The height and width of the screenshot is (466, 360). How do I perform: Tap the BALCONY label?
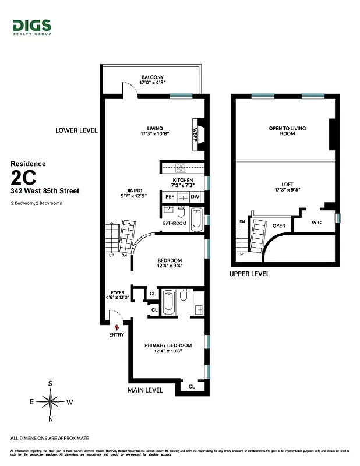[153, 77]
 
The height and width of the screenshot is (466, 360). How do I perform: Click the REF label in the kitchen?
[170, 196]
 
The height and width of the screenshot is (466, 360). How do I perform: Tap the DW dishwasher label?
[195, 196]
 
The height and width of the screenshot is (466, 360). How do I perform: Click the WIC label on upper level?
[316, 223]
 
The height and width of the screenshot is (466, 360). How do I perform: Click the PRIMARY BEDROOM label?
[168, 345]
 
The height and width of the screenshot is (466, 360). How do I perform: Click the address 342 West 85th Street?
[45, 190]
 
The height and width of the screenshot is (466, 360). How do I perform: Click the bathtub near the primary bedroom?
[169, 302]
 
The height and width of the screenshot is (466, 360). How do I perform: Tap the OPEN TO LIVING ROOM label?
[287, 130]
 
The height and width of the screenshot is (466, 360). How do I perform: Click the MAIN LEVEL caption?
[145, 390]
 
